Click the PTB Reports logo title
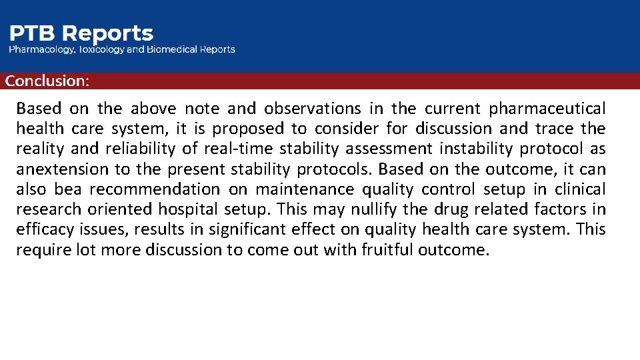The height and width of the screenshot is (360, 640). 81,33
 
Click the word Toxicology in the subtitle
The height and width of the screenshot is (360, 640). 101,49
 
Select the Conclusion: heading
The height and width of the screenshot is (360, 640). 47,81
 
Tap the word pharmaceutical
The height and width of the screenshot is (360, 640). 547,108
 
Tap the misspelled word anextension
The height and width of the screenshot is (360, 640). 59,169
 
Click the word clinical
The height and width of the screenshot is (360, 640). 579,189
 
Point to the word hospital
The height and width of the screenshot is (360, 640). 189,209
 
